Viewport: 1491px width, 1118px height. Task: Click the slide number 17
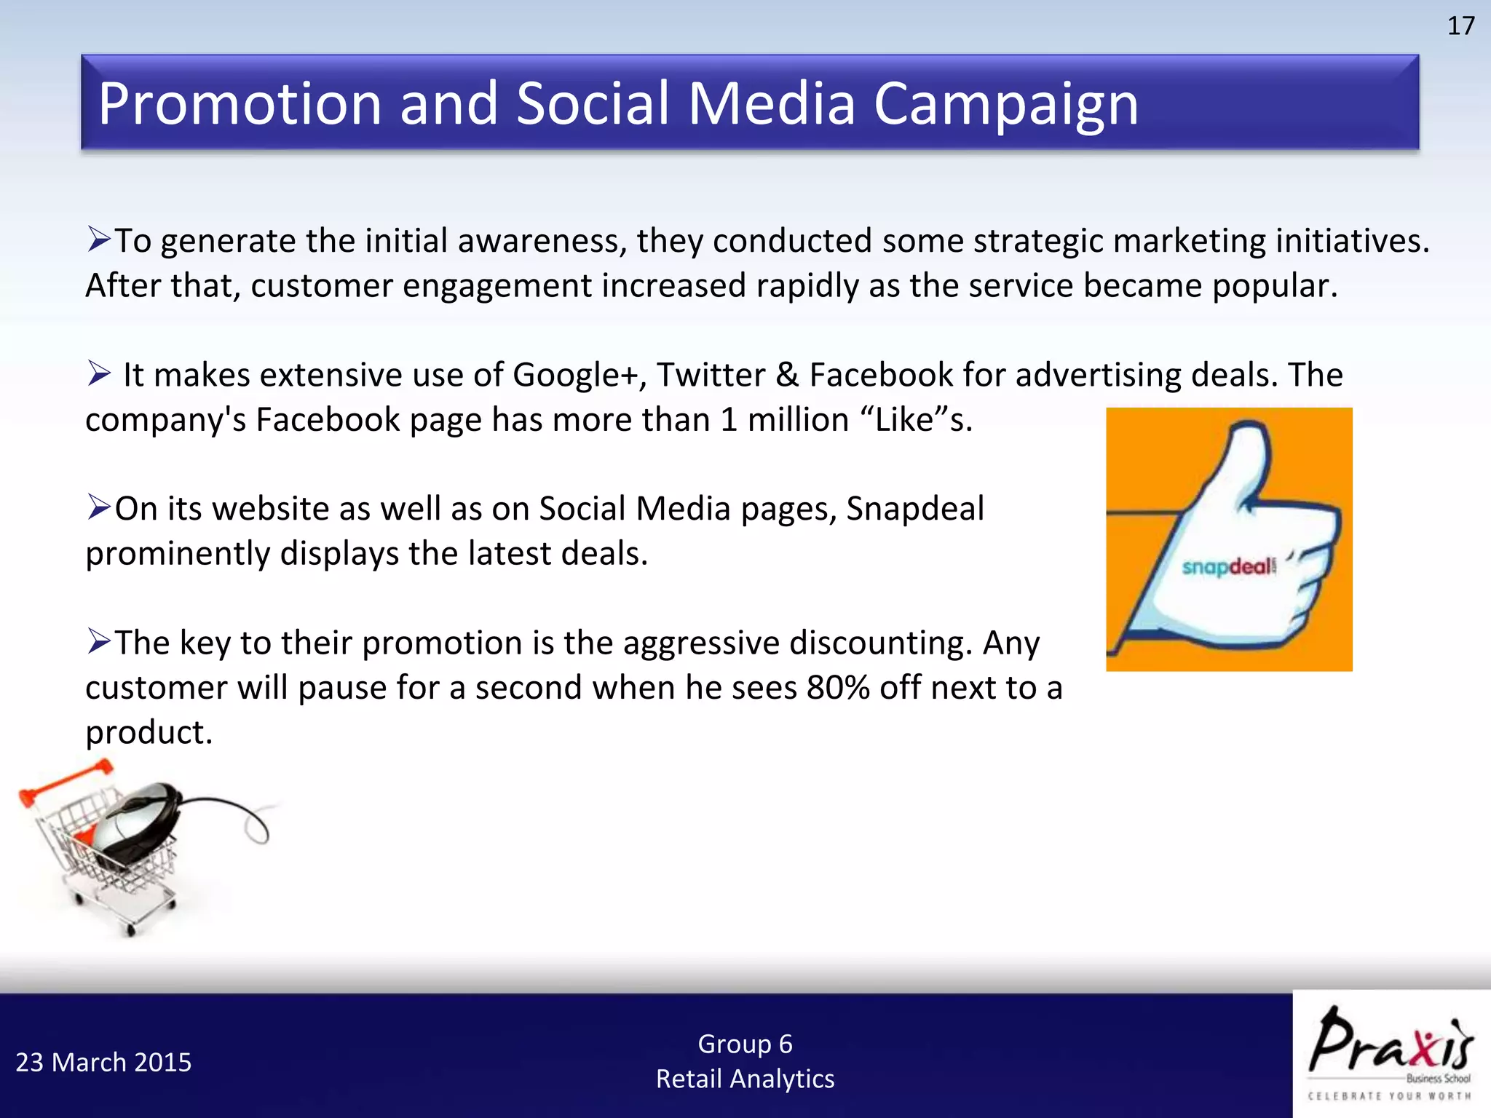pyautogui.click(x=1460, y=26)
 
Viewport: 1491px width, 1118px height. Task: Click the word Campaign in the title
pyautogui.click(x=1005, y=104)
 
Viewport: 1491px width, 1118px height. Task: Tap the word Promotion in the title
pyautogui.click(x=240, y=104)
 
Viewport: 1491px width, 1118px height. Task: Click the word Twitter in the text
pyautogui.click(x=711, y=376)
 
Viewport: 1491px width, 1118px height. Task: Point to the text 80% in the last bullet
pyautogui.click(x=838, y=688)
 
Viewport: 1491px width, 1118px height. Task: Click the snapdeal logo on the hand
pyautogui.click(x=1229, y=566)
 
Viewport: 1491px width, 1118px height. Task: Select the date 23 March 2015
pyautogui.click(x=103, y=1063)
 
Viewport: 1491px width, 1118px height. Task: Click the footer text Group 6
pyautogui.click(x=745, y=1044)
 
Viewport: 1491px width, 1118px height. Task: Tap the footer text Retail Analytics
pyautogui.click(x=745, y=1079)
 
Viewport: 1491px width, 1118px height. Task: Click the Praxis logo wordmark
pyautogui.click(x=1390, y=1041)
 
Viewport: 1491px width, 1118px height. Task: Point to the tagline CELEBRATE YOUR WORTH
pyautogui.click(x=1390, y=1096)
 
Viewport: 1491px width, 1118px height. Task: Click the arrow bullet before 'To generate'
pyautogui.click(x=98, y=239)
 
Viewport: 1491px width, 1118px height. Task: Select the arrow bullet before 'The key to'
pyautogui.click(x=98, y=641)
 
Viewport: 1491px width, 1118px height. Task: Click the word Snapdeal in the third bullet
pyautogui.click(x=915, y=509)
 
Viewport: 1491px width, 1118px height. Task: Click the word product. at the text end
pyautogui.click(x=149, y=732)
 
